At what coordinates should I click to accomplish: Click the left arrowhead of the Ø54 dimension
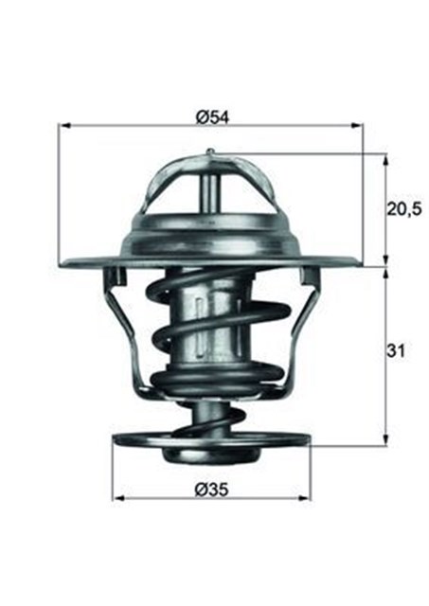(64, 125)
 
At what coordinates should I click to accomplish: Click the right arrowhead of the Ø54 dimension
(359, 125)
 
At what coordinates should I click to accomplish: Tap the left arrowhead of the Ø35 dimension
(117, 498)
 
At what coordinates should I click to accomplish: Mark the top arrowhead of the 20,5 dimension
(384, 156)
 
